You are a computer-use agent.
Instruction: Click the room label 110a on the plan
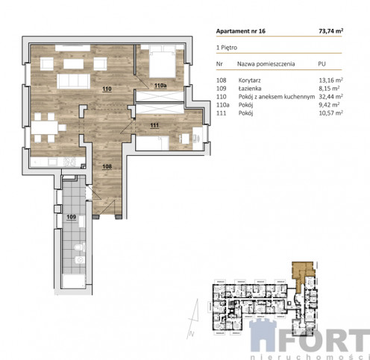point(160,86)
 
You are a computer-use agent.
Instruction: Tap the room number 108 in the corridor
point(107,166)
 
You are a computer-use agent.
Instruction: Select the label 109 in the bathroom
point(71,217)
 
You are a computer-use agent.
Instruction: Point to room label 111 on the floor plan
point(154,125)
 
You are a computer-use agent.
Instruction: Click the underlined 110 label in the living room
point(107,89)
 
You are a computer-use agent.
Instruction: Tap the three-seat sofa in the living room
point(74,81)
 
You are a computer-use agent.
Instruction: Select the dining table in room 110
point(45,127)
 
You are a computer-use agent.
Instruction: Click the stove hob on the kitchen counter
point(69,162)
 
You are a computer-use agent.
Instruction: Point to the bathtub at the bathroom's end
point(73,281)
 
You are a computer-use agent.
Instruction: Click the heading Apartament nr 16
point(241,31)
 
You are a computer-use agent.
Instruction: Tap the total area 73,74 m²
point(331,31)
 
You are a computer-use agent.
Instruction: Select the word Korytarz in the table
point(249,80)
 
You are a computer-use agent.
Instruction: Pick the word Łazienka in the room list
point(250,89)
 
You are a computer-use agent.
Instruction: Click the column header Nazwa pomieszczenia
point(266,64)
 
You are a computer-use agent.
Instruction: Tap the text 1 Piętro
point(227,48)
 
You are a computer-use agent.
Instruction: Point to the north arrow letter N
point(191,334)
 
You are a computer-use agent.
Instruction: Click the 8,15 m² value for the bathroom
point(329,89)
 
